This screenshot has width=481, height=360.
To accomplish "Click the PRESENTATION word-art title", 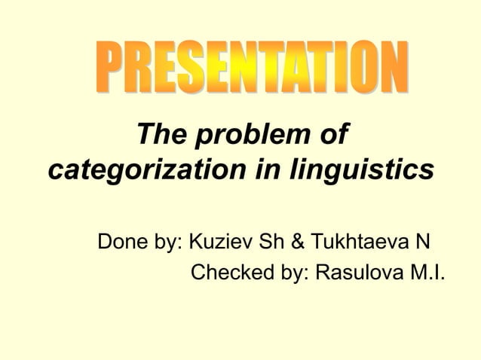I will (x=253, y=69).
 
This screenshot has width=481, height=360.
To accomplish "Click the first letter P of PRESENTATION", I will (x=111, y=70).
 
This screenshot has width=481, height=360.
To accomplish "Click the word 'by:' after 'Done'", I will (x=169, y=243).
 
